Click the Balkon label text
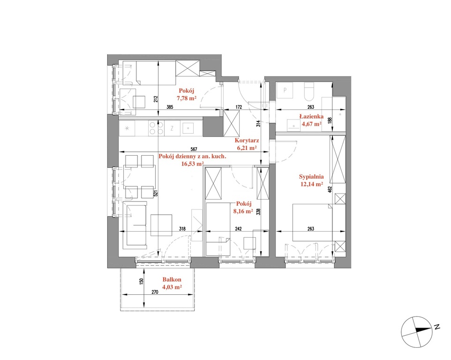172,279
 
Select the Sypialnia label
311,177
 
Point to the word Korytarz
247,141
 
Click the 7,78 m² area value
187,98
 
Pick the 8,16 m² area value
243,211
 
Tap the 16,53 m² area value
192,164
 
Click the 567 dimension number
194,149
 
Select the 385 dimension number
170,107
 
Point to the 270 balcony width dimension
155,292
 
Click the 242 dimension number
238,229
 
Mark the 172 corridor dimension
239,107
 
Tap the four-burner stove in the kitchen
156,128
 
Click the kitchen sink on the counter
188,127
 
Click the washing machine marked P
285,91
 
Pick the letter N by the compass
437,327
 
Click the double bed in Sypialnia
312,222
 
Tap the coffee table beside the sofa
161,225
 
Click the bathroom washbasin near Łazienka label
293,126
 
